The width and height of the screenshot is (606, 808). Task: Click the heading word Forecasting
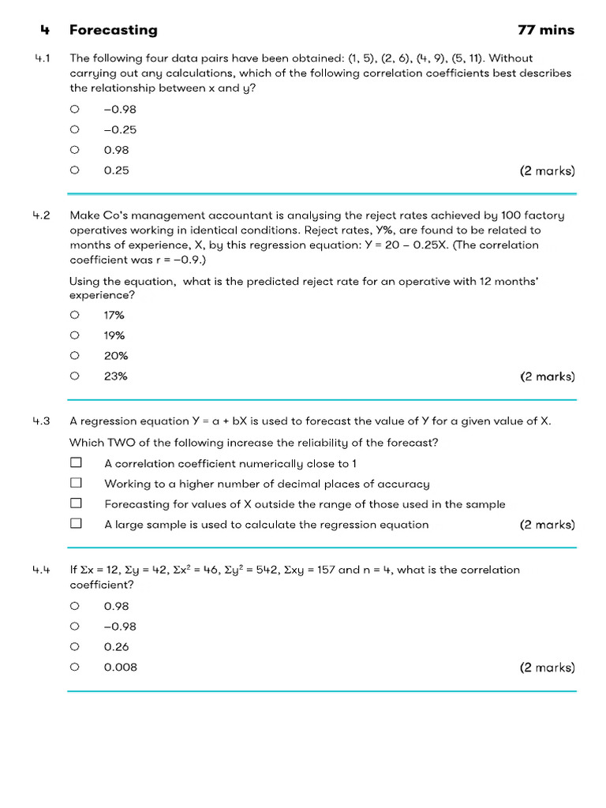[113, 30]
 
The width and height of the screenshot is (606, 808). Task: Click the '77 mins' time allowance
[546, 30]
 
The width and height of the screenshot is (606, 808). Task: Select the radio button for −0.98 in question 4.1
[74, 109]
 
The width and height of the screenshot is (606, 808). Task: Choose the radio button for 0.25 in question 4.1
[74, 170]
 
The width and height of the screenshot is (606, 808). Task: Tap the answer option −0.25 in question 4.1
[120, 129]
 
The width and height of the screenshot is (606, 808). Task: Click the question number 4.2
[42, 215]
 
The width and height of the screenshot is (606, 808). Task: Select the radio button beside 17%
[74, 315]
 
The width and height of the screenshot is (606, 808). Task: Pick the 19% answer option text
[114, 335]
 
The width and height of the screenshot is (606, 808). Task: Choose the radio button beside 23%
[74, 376]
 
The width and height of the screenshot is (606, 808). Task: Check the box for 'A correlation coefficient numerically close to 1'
[76, 463]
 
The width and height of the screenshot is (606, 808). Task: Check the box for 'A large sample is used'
[76, 523]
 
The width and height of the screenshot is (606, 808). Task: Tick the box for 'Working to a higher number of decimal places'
[76, 483]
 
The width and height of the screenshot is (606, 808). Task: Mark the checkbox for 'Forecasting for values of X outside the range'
[76, 503]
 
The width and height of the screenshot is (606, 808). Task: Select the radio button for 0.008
[74, 667]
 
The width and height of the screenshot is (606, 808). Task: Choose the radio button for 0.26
[74, 646]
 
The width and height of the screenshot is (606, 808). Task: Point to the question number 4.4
[42, 570]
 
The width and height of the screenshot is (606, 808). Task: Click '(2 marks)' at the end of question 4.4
[547, 668]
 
